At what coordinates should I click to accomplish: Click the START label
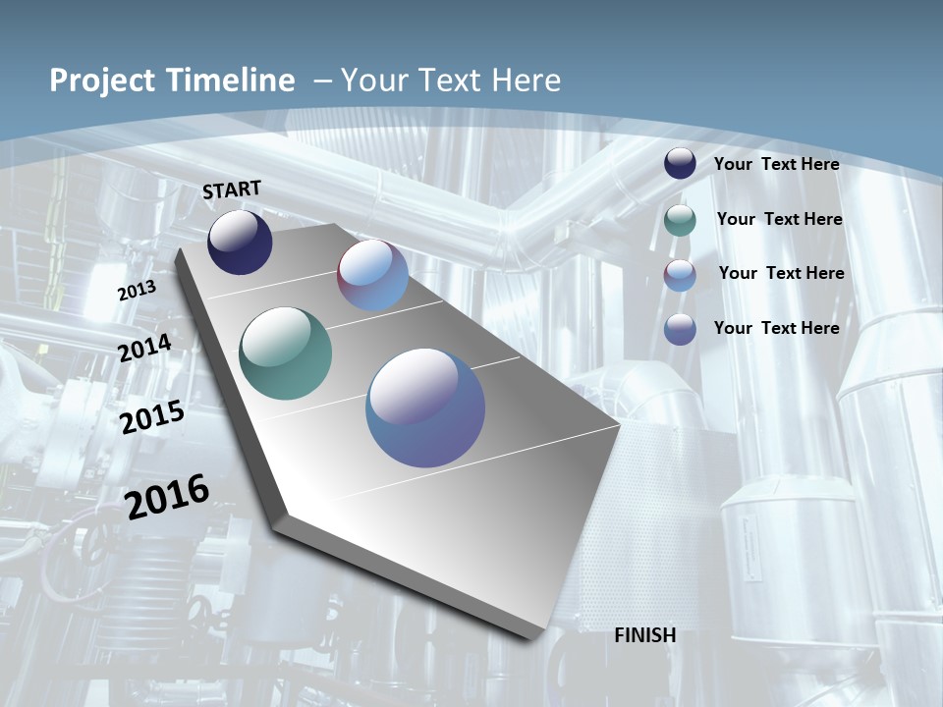click(232, 189)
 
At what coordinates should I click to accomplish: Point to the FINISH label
click(645, 635)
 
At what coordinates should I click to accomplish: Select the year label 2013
click(137, 291)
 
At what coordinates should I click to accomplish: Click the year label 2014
click(144, 348)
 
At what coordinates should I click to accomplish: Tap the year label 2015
click(152, 417)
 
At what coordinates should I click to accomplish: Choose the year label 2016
click(167, 497)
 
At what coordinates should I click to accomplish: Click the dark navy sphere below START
click(240, 242)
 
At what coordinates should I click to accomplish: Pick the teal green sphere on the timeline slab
click(286, 353)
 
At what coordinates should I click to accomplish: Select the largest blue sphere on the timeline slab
click(425, 408)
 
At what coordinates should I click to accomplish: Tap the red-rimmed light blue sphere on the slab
click(373, 275)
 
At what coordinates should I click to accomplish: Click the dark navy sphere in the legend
click(680, 163)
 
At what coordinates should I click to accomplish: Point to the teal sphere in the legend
click(680, 220)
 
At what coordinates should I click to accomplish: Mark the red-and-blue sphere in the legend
click(680, 275)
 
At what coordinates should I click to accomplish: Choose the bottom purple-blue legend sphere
click(680, 329)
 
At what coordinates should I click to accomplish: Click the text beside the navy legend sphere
click(776, 164)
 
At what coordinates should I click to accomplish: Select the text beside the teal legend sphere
click(779, 219)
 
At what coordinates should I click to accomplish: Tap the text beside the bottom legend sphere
click(776, 328)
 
